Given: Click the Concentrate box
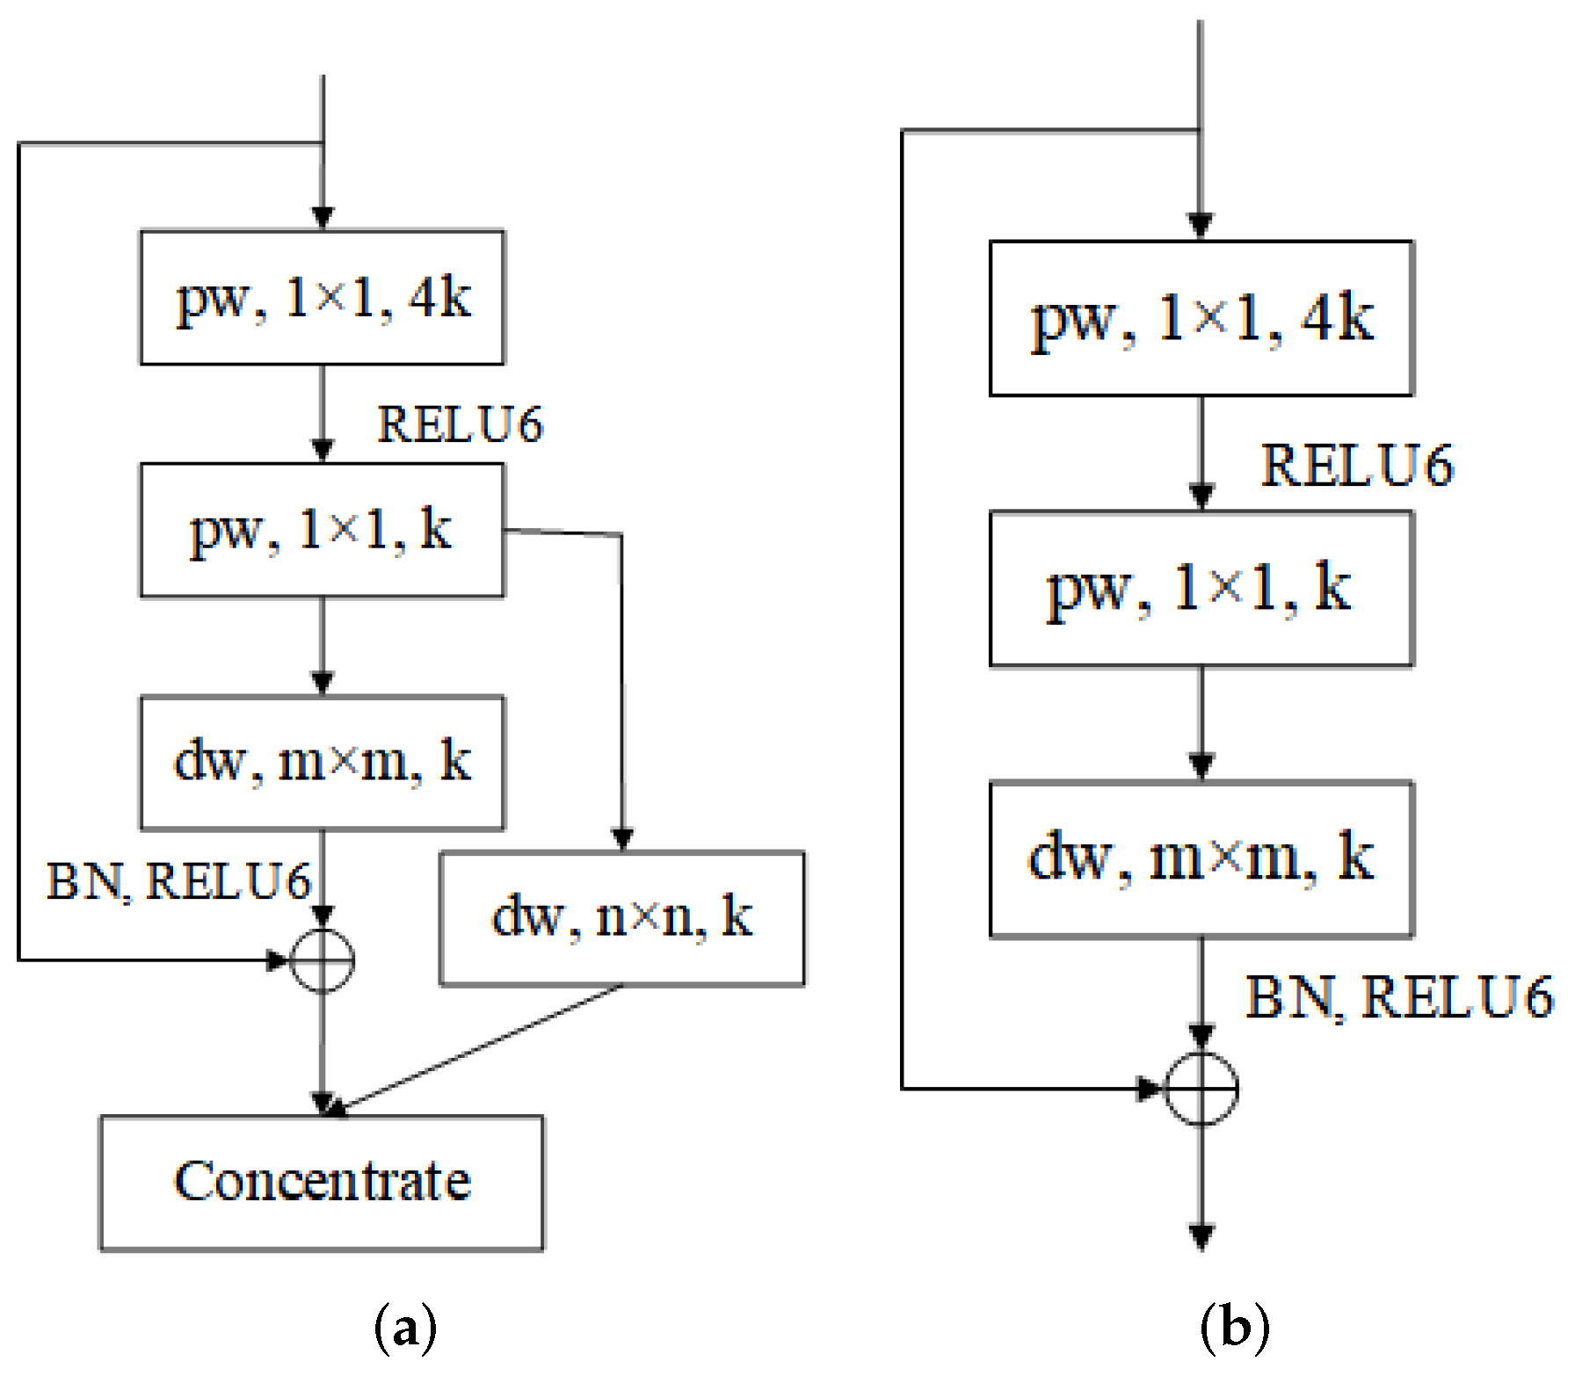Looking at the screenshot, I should pos(322,1183).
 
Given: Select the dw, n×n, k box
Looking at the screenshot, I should pos(622,918).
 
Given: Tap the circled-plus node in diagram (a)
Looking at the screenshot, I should pos(323,960).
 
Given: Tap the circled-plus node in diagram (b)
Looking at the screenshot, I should pos(1201,1089).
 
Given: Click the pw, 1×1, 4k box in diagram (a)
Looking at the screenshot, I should pos(323,298).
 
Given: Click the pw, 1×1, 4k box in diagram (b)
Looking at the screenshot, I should pos(1201,318).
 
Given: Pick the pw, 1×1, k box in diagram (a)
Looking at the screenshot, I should pos(323,531).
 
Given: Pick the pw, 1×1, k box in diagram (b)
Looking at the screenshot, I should pos(1201,589).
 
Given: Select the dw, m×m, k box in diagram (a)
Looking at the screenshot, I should pos(323,763).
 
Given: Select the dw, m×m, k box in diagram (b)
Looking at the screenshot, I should pos(1201,858).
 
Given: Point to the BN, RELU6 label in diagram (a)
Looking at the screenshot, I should pos(178,881).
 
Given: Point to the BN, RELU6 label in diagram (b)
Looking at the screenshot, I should pos(1398,998).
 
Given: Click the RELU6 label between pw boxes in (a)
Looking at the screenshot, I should pos(460,425).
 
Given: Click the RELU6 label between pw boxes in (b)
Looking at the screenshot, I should pos(1357,466).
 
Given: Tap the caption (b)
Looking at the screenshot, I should pos(1235,1327).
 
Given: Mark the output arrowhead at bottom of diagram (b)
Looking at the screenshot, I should pos(1201,1236).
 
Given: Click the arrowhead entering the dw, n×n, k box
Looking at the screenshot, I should pos(622,839).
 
